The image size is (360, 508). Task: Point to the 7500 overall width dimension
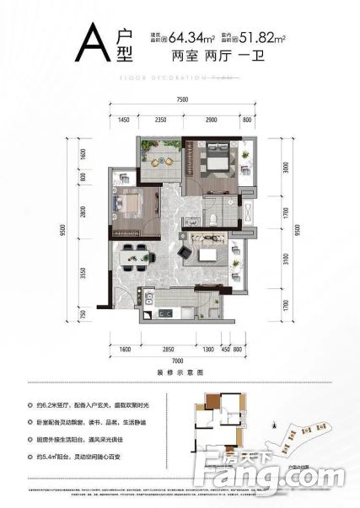coord(182,99)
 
